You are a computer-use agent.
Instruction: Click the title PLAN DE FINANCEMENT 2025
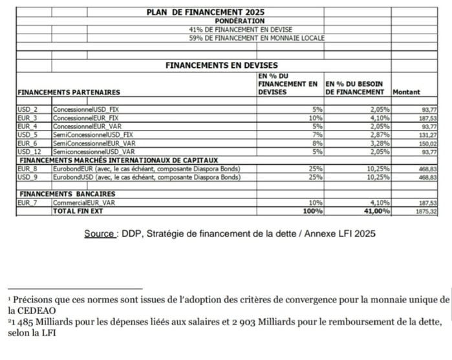[206, 12]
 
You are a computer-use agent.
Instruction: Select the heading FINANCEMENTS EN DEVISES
[222, 65]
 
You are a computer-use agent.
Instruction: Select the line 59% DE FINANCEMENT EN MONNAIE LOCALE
[257, 37]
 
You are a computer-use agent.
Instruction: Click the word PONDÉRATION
[222, 21]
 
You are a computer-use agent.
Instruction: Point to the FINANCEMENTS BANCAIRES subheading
[68, 193]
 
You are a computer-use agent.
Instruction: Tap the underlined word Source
[99, 233]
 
